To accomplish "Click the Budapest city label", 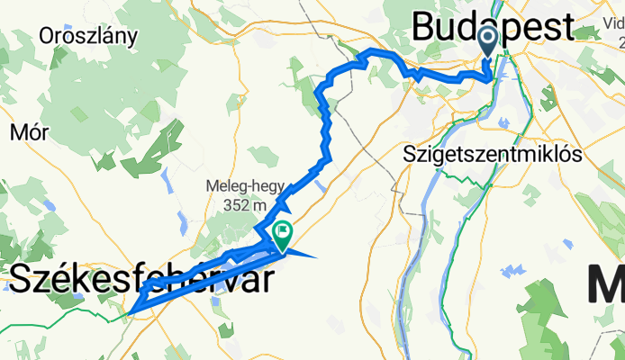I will click(x=492, y=27).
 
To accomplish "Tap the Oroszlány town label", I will click(x=88, y=36).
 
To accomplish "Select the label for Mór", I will click(x=29, y=132).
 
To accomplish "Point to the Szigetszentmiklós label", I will click(x=494, y=153).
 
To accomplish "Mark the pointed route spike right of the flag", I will click(x=315, y=257).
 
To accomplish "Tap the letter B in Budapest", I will click(x=425, y=27).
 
